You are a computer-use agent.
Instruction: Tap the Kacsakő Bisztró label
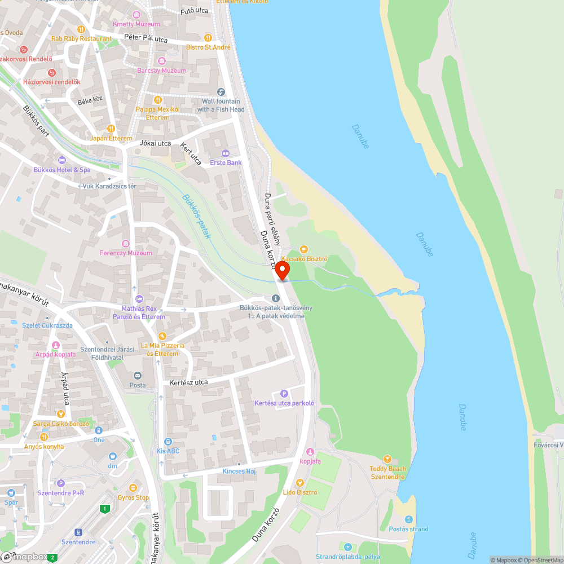[x=305, y=258]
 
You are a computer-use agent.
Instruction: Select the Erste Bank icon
[x=226, y=153]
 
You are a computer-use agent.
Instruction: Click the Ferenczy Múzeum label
[x=126, y=253]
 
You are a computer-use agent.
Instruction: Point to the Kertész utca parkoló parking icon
[x=284, y=394]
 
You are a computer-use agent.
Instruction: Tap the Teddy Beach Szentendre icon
[x=387, y=459]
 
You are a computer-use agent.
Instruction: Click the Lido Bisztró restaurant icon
[x=299, y=482]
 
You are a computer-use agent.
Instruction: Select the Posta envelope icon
[x=136, y=376]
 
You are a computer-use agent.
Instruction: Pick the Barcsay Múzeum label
[x=162, y=70]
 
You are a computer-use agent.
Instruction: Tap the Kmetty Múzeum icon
[x=136, y=15]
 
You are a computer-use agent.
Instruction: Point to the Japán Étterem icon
[x=111, y=129]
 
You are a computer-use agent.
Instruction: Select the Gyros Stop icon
[x=133, y=488]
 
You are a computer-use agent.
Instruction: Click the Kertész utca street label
[x=185, y=382]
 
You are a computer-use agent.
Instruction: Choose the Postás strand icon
[x=409, y=519]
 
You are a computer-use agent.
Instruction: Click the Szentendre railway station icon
[x=78, y=532]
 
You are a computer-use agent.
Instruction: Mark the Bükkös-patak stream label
[x=197, y=216]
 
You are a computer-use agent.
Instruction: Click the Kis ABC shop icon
[x=168, y=442]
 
